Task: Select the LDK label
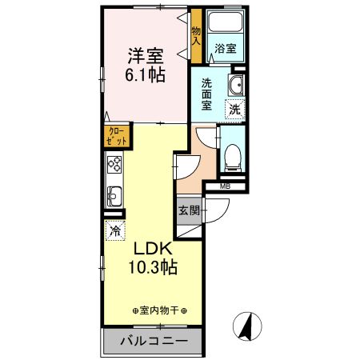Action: click(149, 247)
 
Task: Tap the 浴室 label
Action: click(226, 49)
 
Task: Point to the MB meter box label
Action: click(226, 187)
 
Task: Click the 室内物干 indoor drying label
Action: click(160, 310)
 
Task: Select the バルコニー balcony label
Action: click(154, 342)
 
